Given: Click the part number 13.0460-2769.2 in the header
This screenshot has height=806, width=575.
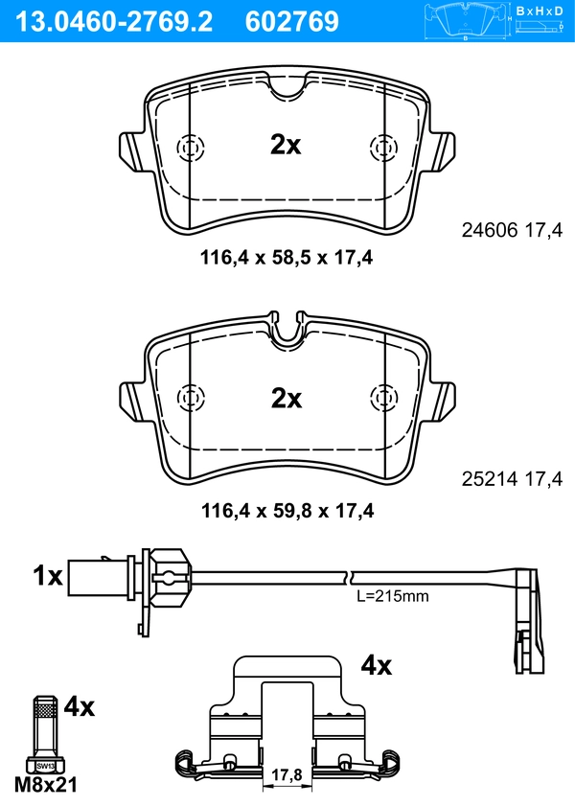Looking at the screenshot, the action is click(x=114, y=22).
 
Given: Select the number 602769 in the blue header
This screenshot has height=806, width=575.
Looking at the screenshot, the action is click(x=292, y=22).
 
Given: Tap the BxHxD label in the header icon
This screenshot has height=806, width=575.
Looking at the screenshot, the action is click(x=540, y=11).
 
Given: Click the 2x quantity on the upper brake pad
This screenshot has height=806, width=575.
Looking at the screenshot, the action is click(x=286, y=145).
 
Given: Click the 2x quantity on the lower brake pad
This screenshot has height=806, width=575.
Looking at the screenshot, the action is click(x=287, y=399).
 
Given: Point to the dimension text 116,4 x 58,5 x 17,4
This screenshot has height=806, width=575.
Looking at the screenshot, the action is click(x=287, y=257).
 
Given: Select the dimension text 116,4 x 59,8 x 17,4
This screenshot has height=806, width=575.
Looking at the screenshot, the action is click(x=287, y=511).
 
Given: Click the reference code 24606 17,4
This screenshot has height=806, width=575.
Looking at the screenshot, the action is click(x=512, y=230).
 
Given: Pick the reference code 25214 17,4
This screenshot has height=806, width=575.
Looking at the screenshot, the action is click(x=512, y=479).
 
